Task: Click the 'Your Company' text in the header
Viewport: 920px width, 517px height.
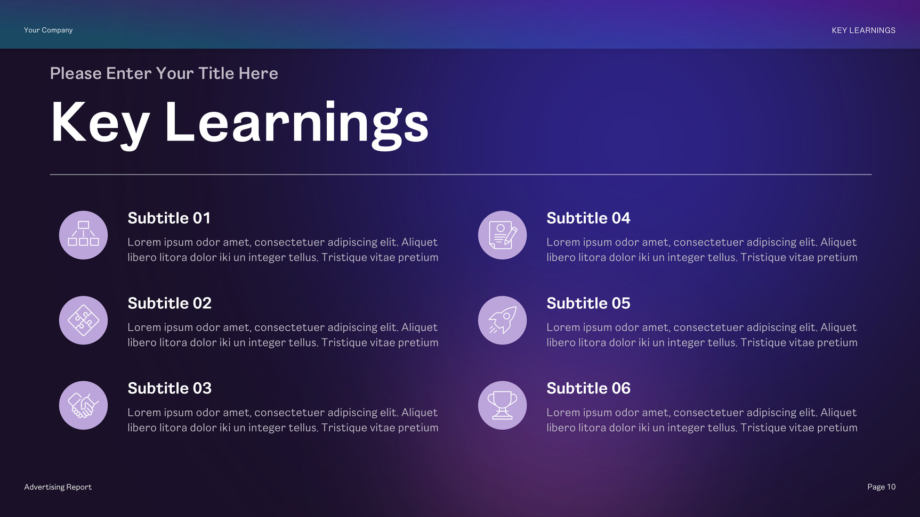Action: [x=48, y=30]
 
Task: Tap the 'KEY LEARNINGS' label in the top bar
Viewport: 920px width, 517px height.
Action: [x=863, y=30]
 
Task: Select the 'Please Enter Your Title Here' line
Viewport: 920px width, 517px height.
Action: [x=164, y=73]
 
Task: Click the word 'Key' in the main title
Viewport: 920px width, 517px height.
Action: [x=100, y=123]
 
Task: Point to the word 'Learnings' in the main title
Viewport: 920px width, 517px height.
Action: [x=297, y=123]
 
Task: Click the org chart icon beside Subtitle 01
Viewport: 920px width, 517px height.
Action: [x=83, y=235]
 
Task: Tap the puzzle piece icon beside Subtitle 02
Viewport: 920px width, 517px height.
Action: [x=83, y=321]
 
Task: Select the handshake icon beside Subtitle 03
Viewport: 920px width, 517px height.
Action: [x=83, y=406]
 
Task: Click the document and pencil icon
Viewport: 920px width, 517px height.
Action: [x=502, y=235]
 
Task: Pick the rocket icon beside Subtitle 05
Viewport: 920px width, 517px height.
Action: [x=502, y=321]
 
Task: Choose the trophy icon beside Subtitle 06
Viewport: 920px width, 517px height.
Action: [x=502, y=406]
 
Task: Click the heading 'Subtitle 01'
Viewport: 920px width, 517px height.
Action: [x=169, y=218]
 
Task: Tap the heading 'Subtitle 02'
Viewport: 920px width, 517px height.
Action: [x=170, y=303]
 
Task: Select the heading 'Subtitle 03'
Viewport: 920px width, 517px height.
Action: [x=170, y=389]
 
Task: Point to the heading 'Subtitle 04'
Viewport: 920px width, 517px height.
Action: [x=588, y=218]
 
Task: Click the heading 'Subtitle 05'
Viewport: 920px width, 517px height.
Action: [x=588, y=303]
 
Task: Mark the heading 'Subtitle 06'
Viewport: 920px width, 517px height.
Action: [x=588, y=389]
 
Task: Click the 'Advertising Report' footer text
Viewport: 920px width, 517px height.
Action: [x=58, y=487]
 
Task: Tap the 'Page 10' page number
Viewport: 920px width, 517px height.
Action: [x=881, y=487]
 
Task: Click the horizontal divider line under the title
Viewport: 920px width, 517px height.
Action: [x=461, y=174]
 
